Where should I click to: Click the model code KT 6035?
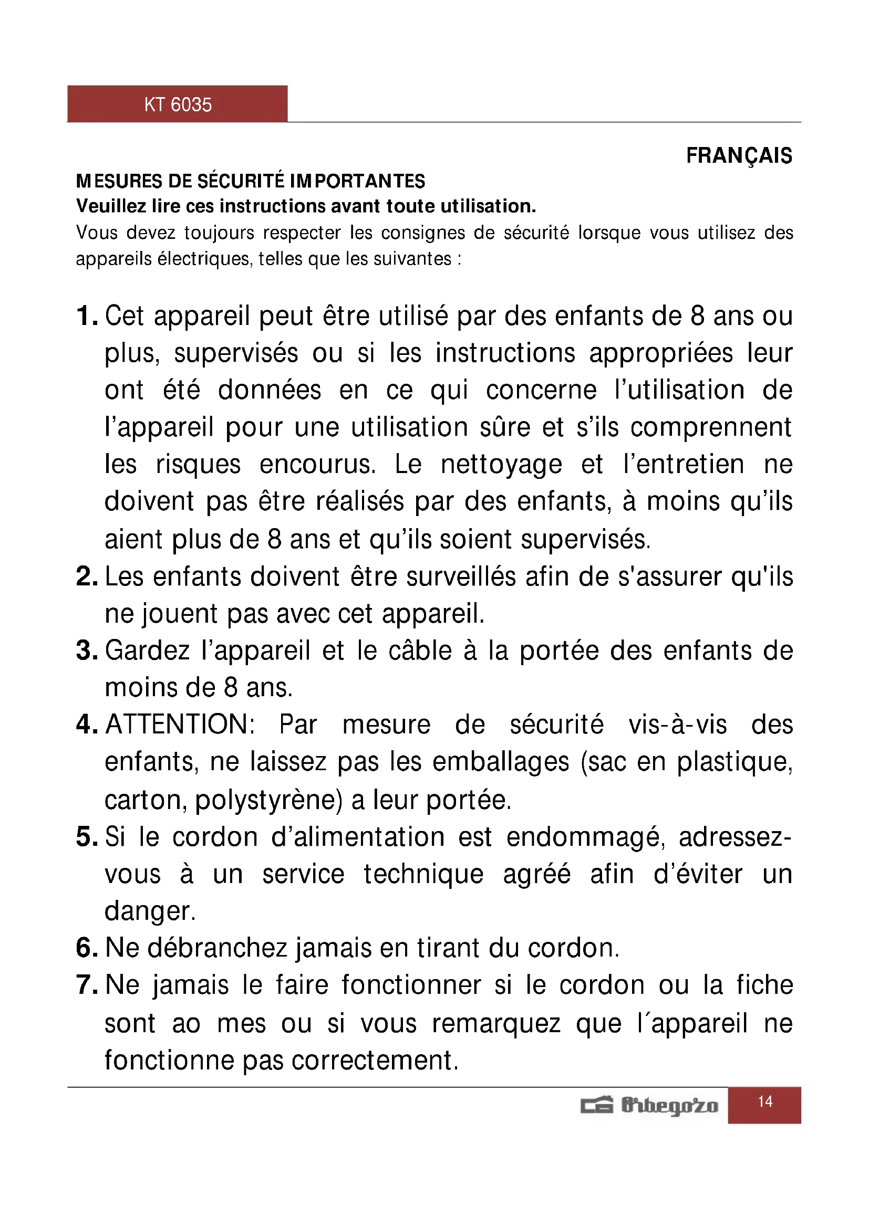point(178,104)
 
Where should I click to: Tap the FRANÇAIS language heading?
point(739,155)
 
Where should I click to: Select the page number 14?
point(764,1101)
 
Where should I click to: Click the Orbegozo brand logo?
point(649,1106)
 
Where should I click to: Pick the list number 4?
point(86,725)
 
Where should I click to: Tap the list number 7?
point(86,985)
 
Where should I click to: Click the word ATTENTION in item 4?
point(180,725)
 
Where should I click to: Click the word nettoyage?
point(501,464)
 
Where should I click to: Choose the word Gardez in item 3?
point(147,651)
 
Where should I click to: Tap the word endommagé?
point(585,837)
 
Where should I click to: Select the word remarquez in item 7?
point(496,1024)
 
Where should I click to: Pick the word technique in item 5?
point(423,875)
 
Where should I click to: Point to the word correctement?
point(375,1061)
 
